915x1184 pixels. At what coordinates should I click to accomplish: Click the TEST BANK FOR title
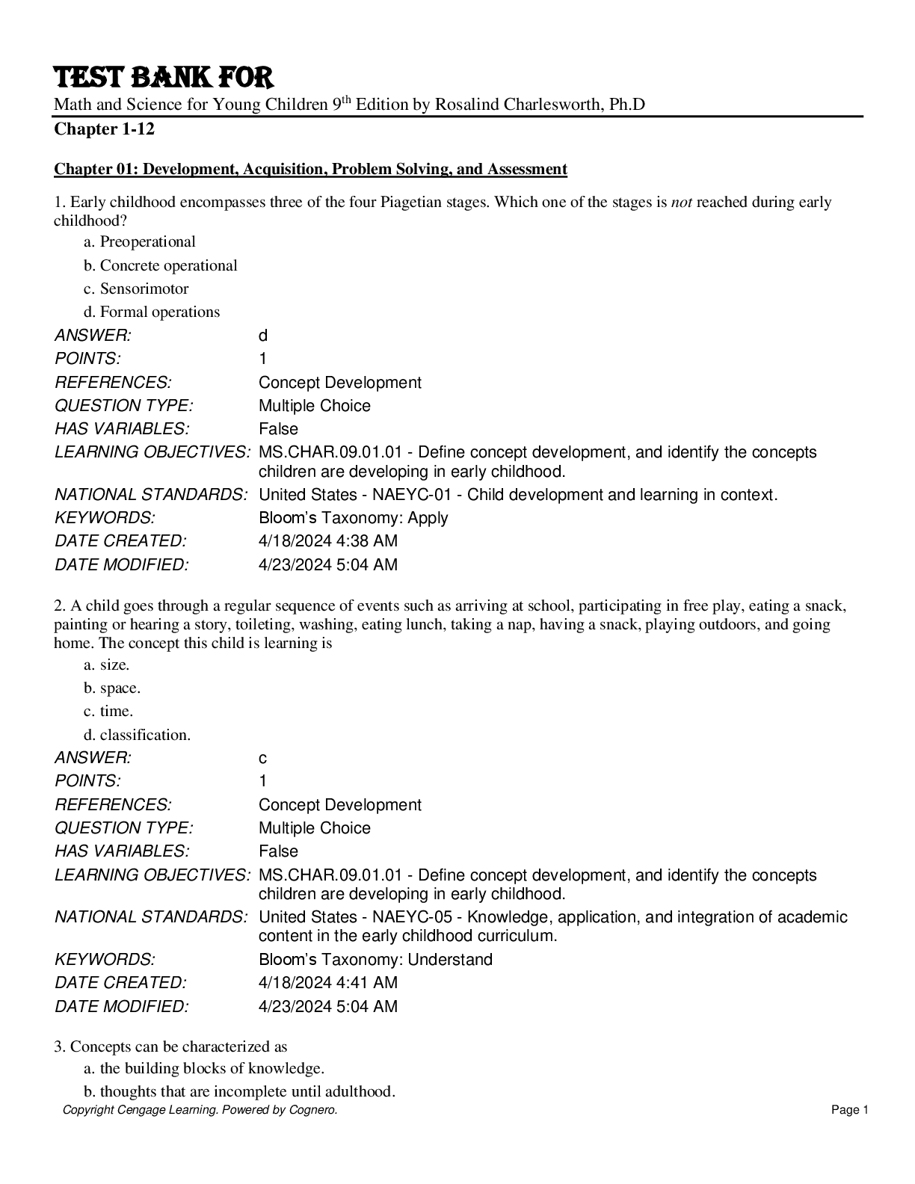pos(164,78)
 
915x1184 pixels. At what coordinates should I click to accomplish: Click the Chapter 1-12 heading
pos(104,129)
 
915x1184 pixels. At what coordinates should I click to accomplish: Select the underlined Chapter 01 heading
pos(310,170)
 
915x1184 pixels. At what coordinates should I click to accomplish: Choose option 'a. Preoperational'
pos(140,241)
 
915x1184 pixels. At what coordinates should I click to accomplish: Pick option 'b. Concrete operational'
pos(161,265)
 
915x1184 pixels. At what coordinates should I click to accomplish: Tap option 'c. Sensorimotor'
pos(136,289)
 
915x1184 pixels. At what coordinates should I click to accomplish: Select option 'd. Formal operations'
pos(152,312)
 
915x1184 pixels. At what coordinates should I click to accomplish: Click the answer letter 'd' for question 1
pos(263,336)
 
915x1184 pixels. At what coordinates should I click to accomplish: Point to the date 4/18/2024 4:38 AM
pos(328,540)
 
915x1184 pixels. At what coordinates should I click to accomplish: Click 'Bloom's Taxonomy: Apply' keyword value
pos(354,517)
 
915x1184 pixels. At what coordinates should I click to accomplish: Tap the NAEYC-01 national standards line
pos(518,494)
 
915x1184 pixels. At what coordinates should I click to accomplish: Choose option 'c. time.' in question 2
pos(108,711)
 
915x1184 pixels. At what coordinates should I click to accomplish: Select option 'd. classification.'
pos(137,735)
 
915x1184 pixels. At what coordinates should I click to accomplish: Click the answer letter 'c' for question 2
pos(263,758)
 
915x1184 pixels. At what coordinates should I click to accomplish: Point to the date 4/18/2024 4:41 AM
pos(328,982)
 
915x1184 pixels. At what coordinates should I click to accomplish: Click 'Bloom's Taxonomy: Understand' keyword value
pos(375,959)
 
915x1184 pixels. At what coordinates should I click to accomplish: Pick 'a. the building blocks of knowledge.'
pos(204,1068)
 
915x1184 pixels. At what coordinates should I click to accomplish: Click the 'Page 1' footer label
pos(850,1110)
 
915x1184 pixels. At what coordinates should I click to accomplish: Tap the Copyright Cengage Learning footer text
pos(200,1110)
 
